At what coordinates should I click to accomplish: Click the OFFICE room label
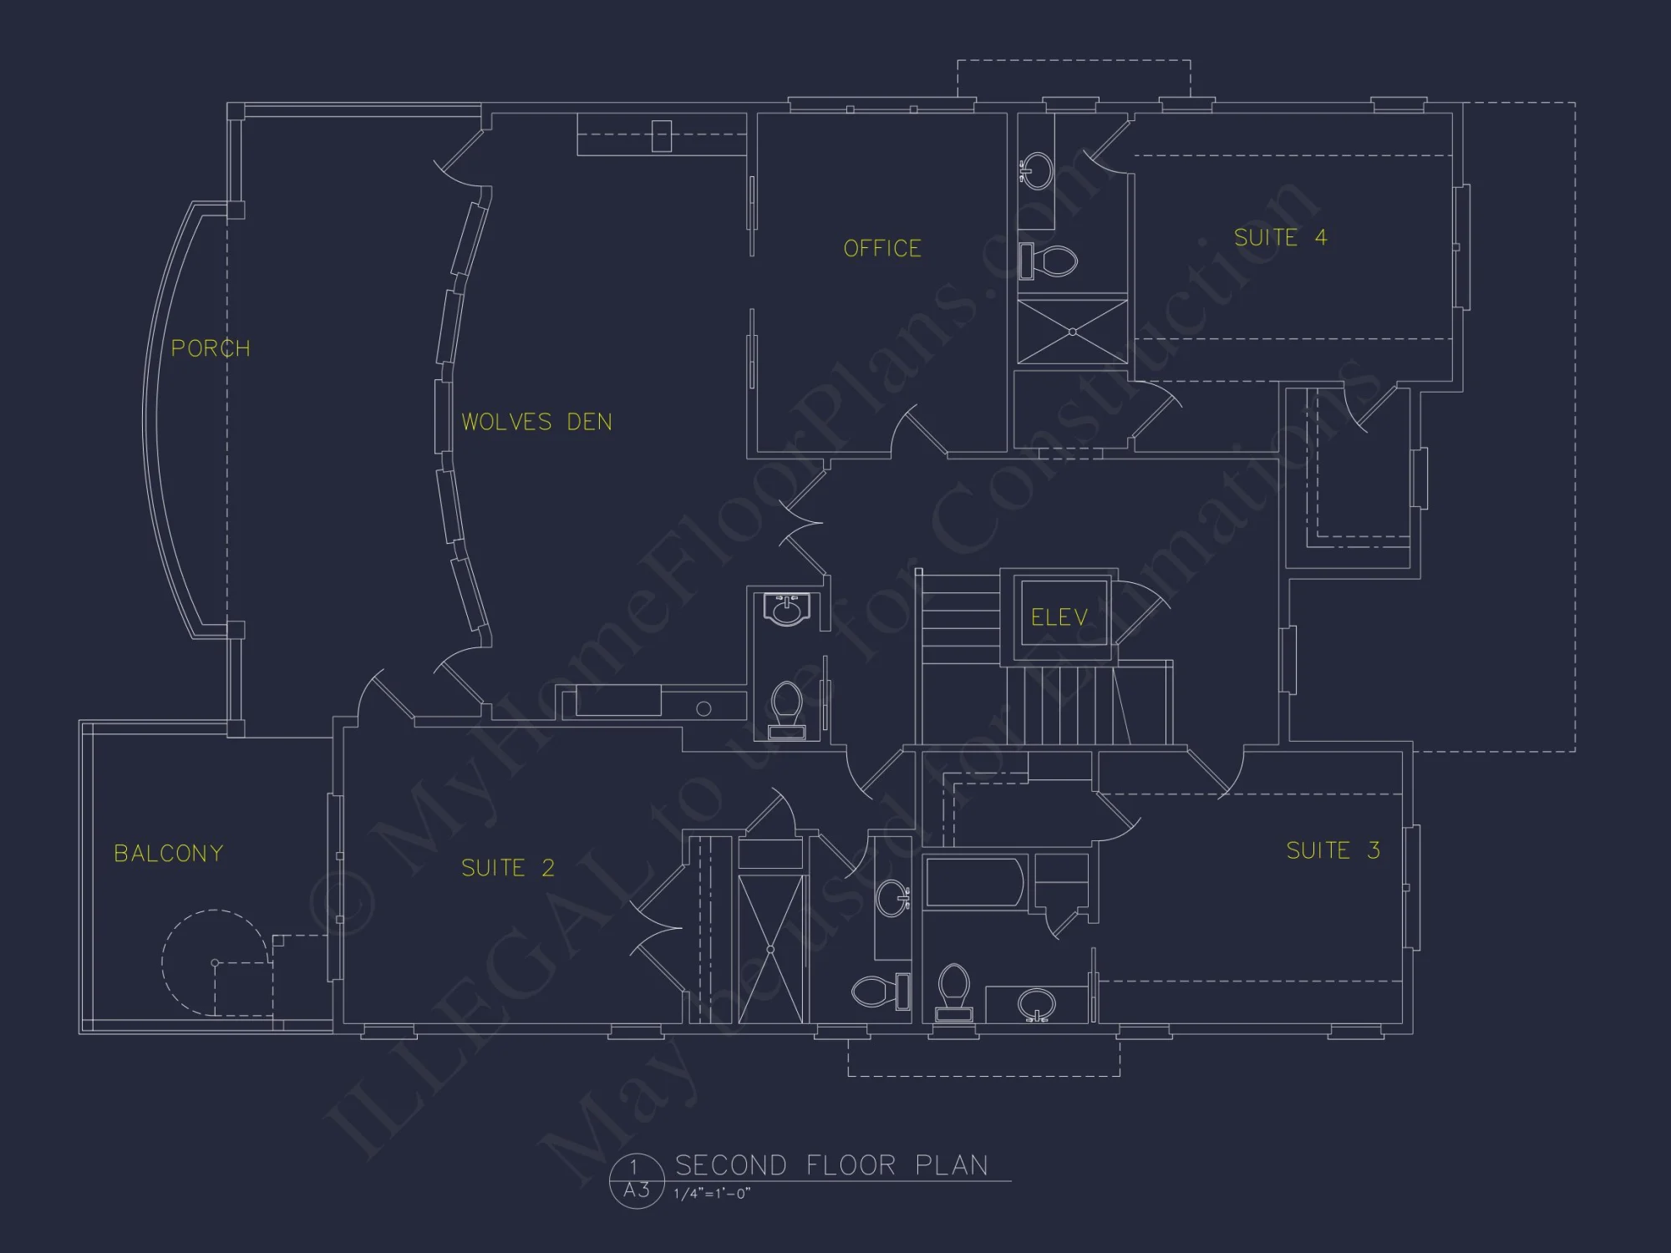(x=882, y=248)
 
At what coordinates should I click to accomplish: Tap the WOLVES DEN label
(x=536, y=422)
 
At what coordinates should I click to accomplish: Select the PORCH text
(x=211, y=348)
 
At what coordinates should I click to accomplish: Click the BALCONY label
(x=169, y=853)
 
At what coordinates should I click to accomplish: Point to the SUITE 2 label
(x=508, y=868)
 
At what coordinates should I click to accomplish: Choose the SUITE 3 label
(x=1333, y=850)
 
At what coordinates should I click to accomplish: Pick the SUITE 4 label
(x=1280, y=237)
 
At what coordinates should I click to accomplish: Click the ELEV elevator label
(x=1059, y=617)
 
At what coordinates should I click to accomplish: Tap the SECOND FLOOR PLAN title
(x=831, y=1165)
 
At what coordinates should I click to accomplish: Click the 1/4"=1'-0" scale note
(x=712, y=1194)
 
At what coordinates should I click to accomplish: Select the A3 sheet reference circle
(x=637, y=1181)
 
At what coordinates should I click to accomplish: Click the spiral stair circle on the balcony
(x=216, y=963)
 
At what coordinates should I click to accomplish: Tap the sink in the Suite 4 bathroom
(x=1038, y=170)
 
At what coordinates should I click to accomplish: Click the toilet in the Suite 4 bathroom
(x=1051, y=261)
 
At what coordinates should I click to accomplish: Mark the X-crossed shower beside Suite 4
(x=1073, y=332)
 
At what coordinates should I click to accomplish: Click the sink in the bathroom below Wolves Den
(x=786, y=609)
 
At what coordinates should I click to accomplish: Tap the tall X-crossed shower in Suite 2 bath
(x=770, y=949)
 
